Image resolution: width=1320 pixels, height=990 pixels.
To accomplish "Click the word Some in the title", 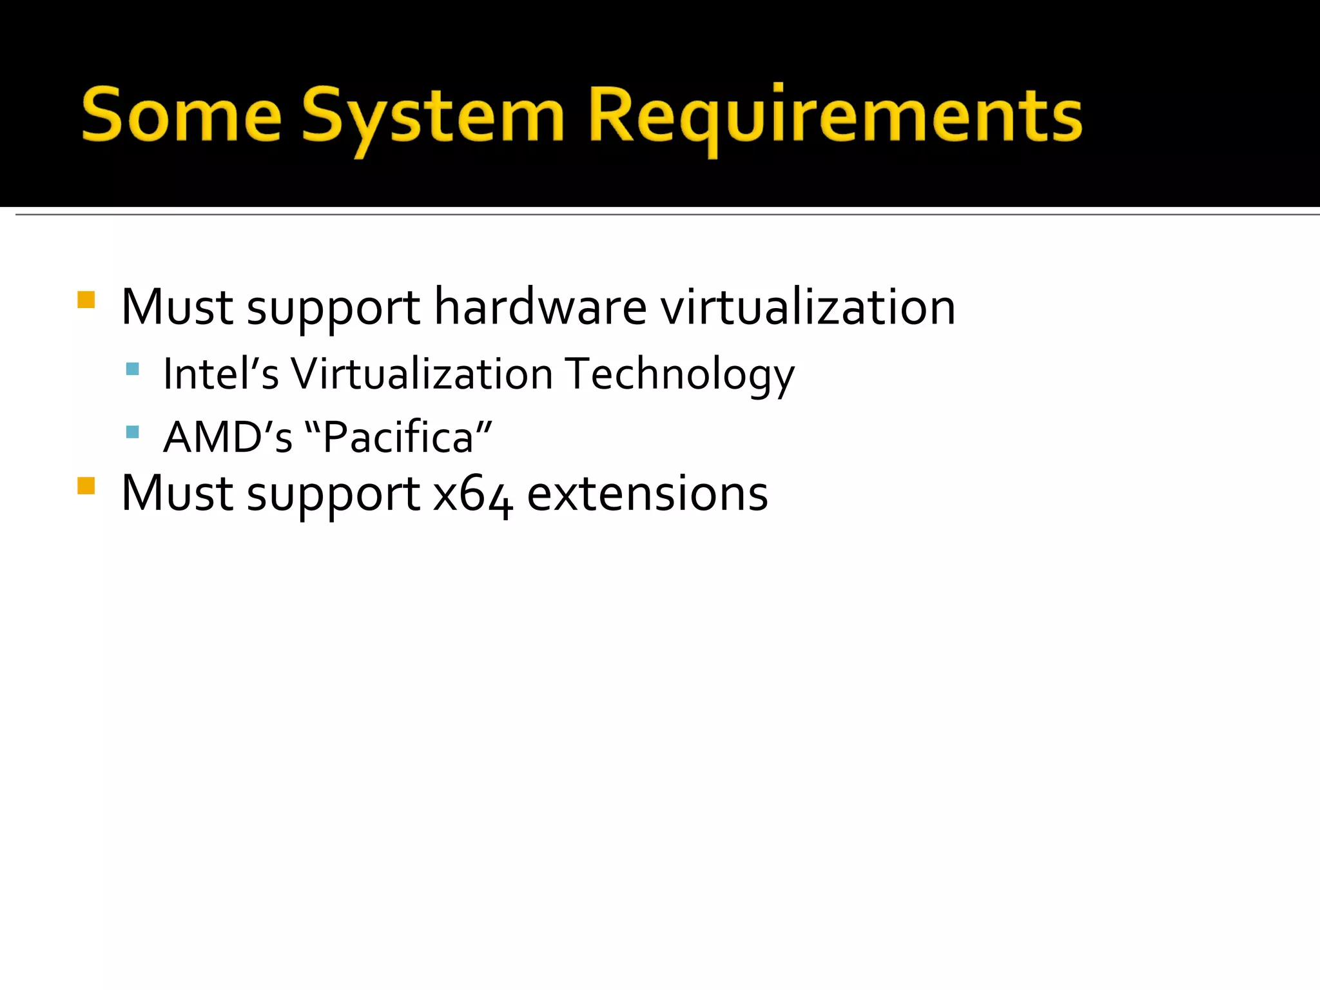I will [x=182, y=116].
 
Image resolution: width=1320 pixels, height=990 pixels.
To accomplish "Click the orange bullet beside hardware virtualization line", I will [x=86, y=300].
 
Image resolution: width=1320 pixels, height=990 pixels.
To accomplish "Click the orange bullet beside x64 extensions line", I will [x=86, y=485].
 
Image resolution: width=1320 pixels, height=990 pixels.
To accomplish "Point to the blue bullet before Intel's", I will [x=133, y=369].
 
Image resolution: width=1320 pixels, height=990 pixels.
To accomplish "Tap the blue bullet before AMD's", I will [x=133, y=432].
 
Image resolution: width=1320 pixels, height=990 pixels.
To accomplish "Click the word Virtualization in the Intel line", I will [x=422, y=374].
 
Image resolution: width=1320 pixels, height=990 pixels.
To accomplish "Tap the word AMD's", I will [x=228, y=437].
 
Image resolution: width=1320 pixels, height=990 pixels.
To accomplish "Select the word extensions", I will [x=647, y=494].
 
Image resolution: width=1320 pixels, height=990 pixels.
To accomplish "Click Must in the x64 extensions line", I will [x=177, y=494].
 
